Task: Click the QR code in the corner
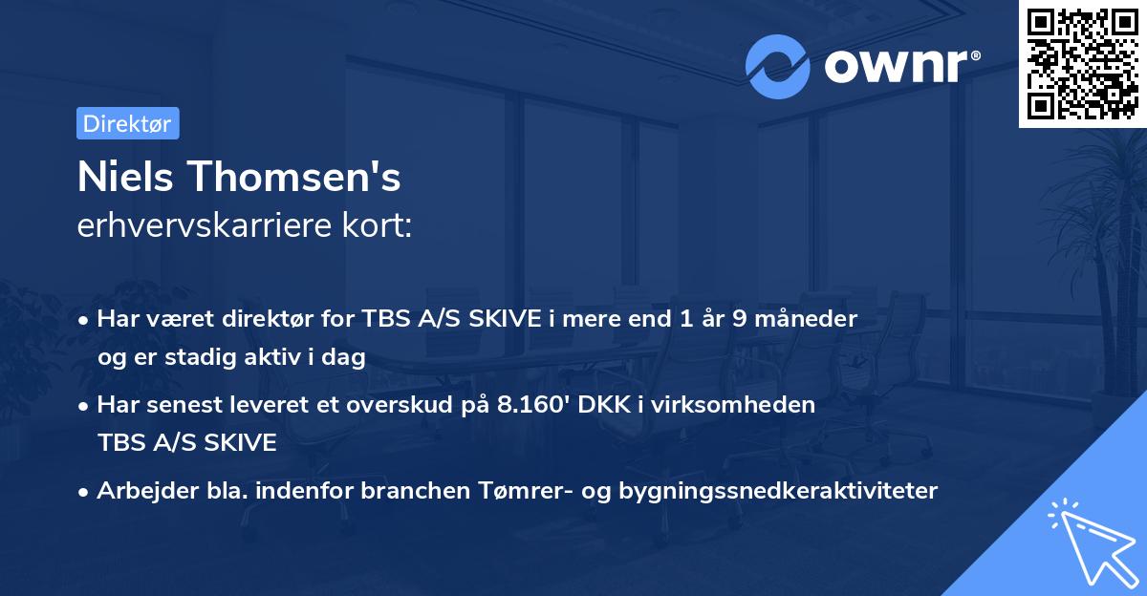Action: (1082, 64)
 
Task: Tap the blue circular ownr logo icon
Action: (779, 66)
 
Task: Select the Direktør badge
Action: (127, 123)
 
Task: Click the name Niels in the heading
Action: (124, 178)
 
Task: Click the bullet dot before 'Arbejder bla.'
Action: (84, 491)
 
